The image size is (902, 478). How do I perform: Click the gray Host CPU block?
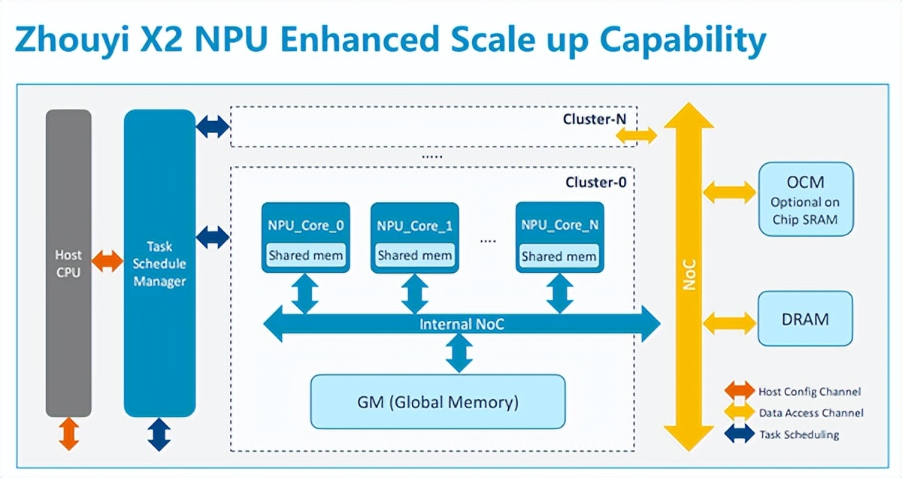[x=68, y=263]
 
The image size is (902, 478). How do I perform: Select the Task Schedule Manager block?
[x=159, y=263]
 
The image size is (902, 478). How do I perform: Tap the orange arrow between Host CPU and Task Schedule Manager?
[x=107, y=262]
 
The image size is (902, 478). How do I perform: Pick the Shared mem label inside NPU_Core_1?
[x=415, y=256]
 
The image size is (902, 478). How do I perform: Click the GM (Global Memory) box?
[x=437, y=402]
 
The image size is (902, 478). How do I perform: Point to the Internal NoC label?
[x=462, y=325]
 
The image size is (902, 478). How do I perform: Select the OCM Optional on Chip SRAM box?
[x=805, y=199]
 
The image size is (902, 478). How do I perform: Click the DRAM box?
[x=805, y=319]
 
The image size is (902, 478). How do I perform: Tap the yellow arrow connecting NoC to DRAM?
[x=730, y=324]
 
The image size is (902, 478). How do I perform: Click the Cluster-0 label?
[x=595, y=182]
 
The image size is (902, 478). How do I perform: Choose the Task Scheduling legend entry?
[x=789, y=434]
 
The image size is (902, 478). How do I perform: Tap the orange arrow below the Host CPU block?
[x=68, y=434]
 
